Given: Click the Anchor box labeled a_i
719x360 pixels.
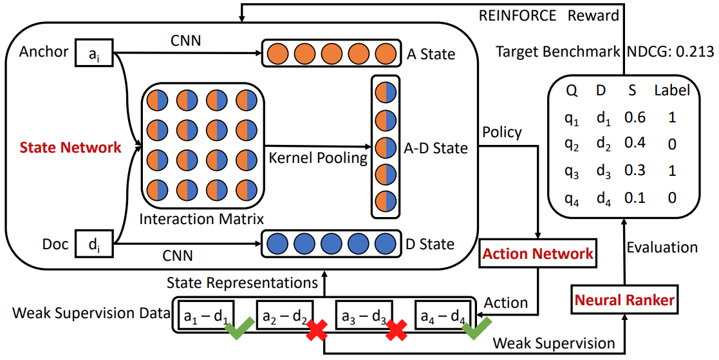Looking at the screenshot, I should point(94,53).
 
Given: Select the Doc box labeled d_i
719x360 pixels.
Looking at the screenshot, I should point(94,244).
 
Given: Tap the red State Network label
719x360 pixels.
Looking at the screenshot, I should point(71,147).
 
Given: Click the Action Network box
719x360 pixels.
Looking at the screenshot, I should point(538,253).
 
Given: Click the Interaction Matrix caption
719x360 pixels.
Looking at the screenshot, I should point(201,218).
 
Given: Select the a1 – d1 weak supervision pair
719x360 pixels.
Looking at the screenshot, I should point(205,316).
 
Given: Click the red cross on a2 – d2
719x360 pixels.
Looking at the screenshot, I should point(316,330).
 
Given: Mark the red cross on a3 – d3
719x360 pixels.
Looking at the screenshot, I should point(397,330).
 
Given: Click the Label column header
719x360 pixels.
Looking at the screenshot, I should point(671,91).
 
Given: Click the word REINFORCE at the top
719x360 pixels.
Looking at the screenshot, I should point(518,15).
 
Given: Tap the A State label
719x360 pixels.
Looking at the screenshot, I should point(431,54).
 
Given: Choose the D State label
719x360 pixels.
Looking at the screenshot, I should point(431,244).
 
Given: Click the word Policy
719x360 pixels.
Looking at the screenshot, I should point(502,132).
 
